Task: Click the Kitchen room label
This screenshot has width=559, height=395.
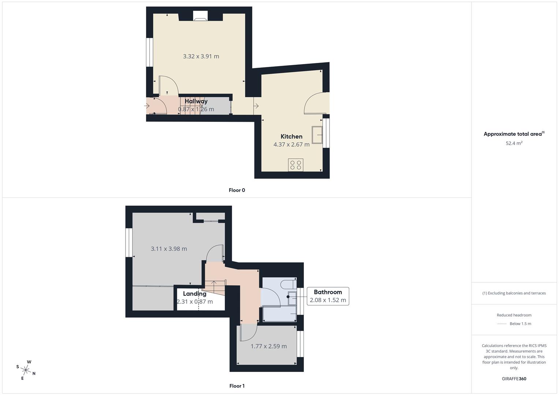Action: pyautogui.click(x=291, y=136)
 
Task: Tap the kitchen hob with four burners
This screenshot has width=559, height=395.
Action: pyautogui.click(x=295, y=165)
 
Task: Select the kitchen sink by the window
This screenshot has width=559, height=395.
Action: pyautogui.click(x=317, y=135)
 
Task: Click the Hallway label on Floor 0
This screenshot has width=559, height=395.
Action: pyautogui.click(x=196, y=101)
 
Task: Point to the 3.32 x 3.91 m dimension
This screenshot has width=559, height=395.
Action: pyautogui.click(x=201, y=56)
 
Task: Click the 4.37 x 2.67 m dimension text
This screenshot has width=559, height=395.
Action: pyautogui.click(x=291, y=144)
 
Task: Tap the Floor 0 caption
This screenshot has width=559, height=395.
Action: pyautogui.click(x=236, y=190)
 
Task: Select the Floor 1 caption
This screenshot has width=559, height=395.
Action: pyautogui.click(x=236, y=386)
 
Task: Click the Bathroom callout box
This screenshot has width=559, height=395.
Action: pyautogui.click(x=328, y=296)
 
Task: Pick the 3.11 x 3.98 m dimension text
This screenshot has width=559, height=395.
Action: pyautogui.click(x=169, y=249)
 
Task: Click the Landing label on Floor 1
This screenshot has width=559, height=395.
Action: pyautogui.click(x=194, y=294)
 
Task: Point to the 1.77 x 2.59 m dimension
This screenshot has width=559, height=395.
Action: pyautogui.click(x=268, y=346)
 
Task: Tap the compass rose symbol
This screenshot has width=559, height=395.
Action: pyautogui.click(x=26, y=370)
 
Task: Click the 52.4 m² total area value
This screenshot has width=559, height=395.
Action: pyautogui.click(x=514, y=143)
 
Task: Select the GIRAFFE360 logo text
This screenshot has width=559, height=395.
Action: pyautogui.click(x=514, y=379)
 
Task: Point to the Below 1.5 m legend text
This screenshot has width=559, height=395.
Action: pyautogui.click(x=520, y=324)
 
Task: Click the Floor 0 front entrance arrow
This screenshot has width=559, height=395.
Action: pyautogui.click(x=147, y=106)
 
